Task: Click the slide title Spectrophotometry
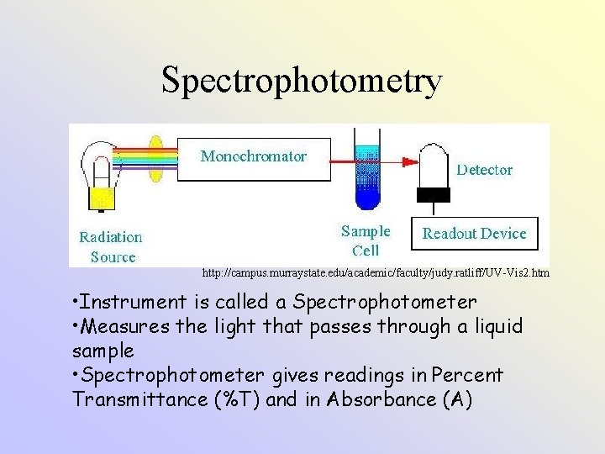(x=302, y=82)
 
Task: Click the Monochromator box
(x=253, y=156)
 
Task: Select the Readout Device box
(x=474, y=234)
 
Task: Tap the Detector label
(x=484, y=170)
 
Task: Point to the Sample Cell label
(x=366, y=240)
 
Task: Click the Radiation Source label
(x=110, y=247)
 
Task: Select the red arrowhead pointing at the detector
(x=414, y=161)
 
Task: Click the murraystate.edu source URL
(x=375, y=273)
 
